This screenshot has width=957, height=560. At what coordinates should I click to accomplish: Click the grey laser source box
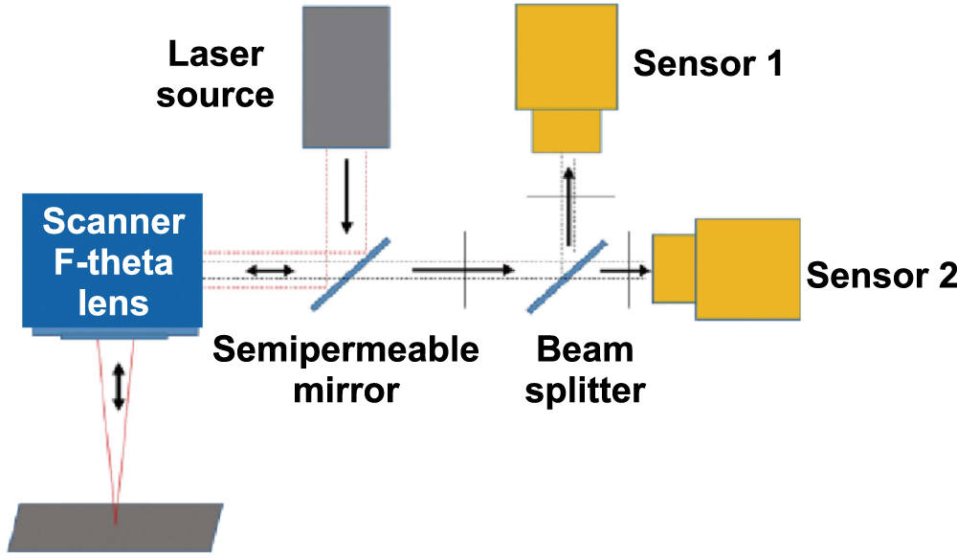pyautogui.click(x=345, y=77)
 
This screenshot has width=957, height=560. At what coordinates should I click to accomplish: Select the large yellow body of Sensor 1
pyautogui.click(x=566, y=56)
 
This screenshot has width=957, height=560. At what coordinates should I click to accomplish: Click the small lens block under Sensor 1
pyautogui.click(x=567, y=131)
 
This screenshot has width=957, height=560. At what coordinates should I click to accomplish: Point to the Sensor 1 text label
pyautogui.click(x=707, y=64)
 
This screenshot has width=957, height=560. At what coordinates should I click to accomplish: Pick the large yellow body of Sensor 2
pyautogui.click(x=747, y=269)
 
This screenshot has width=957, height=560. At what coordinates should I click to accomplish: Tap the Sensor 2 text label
pyautogui.click(x=881, y=276)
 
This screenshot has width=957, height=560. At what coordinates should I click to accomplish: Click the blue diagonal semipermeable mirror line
pyautogui.click(x=350, y=273)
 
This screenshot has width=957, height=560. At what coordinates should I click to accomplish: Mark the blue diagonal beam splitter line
pyautogui.click(x=567, y=275)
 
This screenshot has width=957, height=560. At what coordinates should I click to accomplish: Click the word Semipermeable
pyautogui.click(x=345, y=350)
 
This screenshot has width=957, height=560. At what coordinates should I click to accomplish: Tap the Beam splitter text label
pyautogui.click(x=585, y=370)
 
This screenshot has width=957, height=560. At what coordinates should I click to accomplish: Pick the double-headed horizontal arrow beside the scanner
pyautogui.click(x=271, y=271)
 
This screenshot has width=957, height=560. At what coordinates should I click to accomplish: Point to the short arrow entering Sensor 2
pyautogui.click(x=625, y=271)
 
